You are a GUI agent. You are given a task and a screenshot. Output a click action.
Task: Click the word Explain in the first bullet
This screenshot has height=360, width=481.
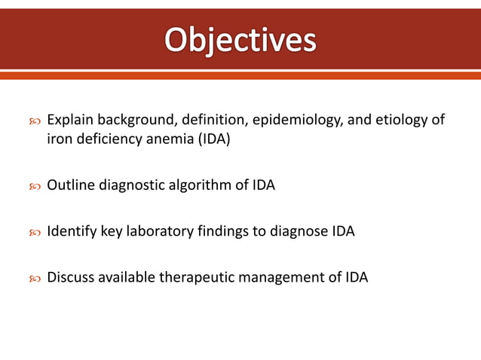[69, 121]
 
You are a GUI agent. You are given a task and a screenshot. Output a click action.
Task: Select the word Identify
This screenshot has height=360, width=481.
[70, 231]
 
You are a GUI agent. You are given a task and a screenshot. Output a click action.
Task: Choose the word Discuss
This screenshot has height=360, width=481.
[70, 278]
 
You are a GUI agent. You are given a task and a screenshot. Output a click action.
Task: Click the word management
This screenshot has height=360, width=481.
[283, 278]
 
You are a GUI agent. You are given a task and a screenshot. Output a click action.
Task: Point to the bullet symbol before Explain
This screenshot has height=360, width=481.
[34, 121]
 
